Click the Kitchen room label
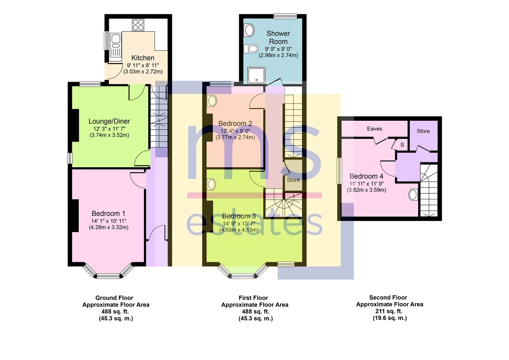[x=143, y=58]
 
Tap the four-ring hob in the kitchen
[x=138, y=25]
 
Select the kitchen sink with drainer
[x=116, y=48]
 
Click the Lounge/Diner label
[x=109, y=121]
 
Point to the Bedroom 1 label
[x=108, y=213]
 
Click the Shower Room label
[x=278, y=38]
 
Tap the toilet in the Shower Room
[x=251, y=48]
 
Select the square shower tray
[x=256, y=75]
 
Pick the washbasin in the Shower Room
[x=249, y=30]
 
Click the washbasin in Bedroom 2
[x=212, y=101]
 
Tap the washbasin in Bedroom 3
[x=211, y=184]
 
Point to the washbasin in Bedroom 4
[x=413, y=195]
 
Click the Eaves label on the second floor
[x=374, y=129]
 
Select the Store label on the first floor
[x=293, y=180]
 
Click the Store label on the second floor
[x=423, y=131]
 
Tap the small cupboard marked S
[x=402, y=145]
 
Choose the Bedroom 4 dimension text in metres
[x=366, y=190]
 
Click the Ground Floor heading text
[x=114, y=298]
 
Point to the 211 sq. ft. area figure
[x=389, y=311]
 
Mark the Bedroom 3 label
[x=239, y=216]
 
